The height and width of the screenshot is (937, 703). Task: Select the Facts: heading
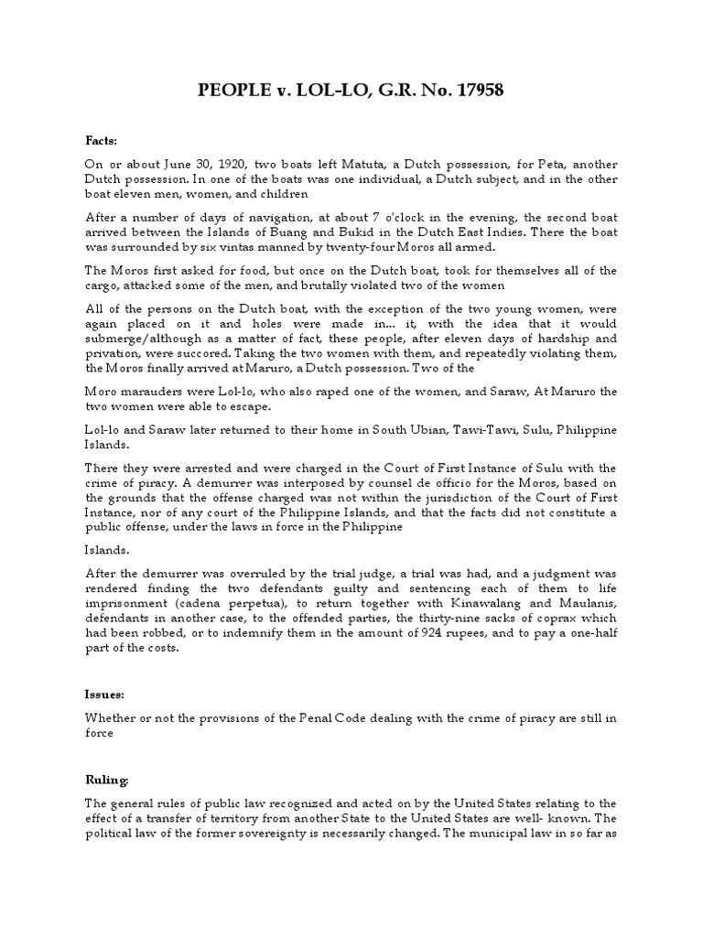coord(102,141)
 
